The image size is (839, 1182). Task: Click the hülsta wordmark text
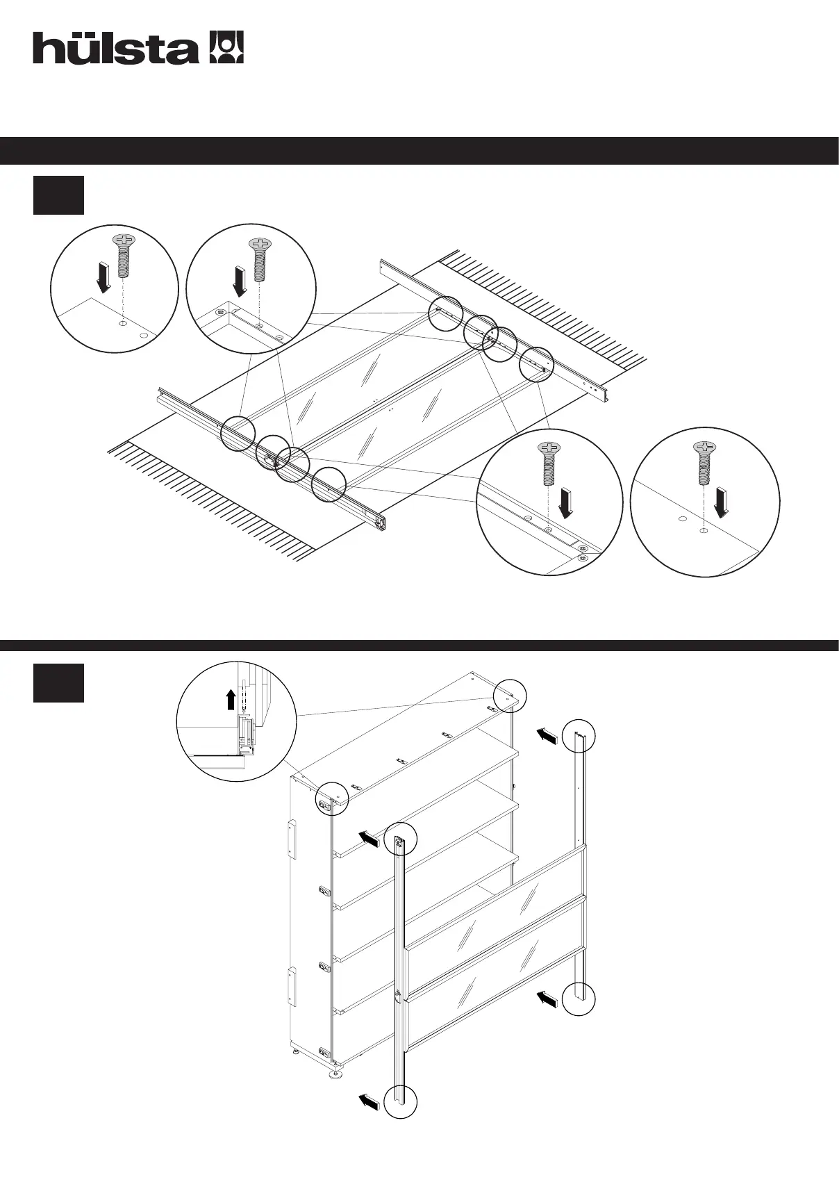(115, 48)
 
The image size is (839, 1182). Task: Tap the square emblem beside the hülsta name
(227, 47)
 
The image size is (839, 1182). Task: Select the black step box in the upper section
(58, 195)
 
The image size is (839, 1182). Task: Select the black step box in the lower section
(58, 682)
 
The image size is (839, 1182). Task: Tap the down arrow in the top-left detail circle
(103, 277)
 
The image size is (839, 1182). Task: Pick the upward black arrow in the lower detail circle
(231, 698)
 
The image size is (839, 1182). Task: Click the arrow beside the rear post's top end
(547, 736)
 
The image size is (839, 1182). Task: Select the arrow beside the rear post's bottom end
(547, 999)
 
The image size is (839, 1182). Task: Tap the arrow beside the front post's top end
(368, 839)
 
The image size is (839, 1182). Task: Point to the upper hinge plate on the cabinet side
(292, 839)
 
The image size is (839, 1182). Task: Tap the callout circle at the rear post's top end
(579, 736)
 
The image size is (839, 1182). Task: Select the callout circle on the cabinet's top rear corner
(510, 696)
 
